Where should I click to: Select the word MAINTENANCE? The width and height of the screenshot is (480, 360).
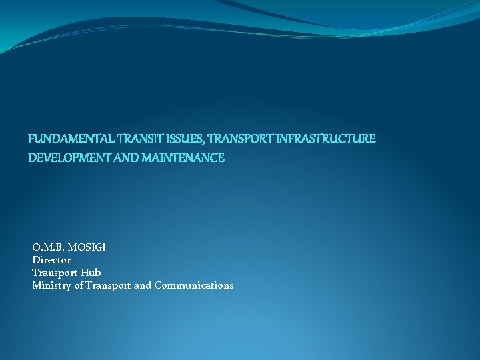click(183, 159)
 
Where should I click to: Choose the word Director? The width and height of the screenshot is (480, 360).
click(51, 260)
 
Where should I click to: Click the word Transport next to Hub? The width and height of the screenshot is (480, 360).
click(56, 273)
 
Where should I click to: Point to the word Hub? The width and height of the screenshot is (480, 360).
click(92, 273)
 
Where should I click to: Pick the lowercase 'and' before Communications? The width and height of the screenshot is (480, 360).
click(143, 285)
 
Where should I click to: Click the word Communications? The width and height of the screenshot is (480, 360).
click(193, 285)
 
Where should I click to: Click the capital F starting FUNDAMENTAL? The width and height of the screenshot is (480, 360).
click(31, 139)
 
